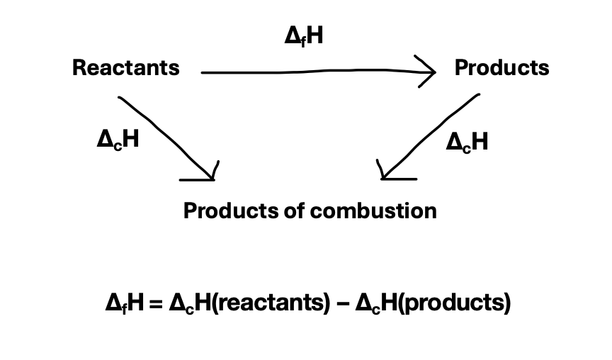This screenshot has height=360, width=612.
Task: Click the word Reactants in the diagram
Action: (x=125, y=68)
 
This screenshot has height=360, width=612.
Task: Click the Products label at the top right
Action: (x=501, y=68)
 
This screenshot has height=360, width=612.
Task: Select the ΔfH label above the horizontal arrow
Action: (x=303, y=36)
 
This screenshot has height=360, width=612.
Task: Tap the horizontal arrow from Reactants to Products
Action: (x=312, y=72)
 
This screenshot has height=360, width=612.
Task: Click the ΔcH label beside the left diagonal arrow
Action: (x=117, y=140)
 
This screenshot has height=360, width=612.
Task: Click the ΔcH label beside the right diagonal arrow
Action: (x=467, y=142)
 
